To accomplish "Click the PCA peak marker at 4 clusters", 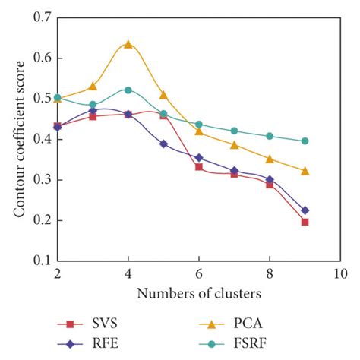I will point(128,44).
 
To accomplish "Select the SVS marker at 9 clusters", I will point(305,222).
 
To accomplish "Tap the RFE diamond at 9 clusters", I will point(305,210).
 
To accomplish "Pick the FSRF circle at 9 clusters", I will point(305,141).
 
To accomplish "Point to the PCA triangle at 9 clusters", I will point(305,171).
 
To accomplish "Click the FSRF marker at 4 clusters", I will point(128,90).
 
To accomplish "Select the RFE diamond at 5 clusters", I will point(163,144).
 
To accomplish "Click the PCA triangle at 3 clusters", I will point(93,86).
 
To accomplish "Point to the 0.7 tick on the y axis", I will point(39,16).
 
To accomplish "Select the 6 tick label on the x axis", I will point(199,272).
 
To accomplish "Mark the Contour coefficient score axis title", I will point(17,137).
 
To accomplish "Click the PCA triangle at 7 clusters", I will point(234,144).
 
